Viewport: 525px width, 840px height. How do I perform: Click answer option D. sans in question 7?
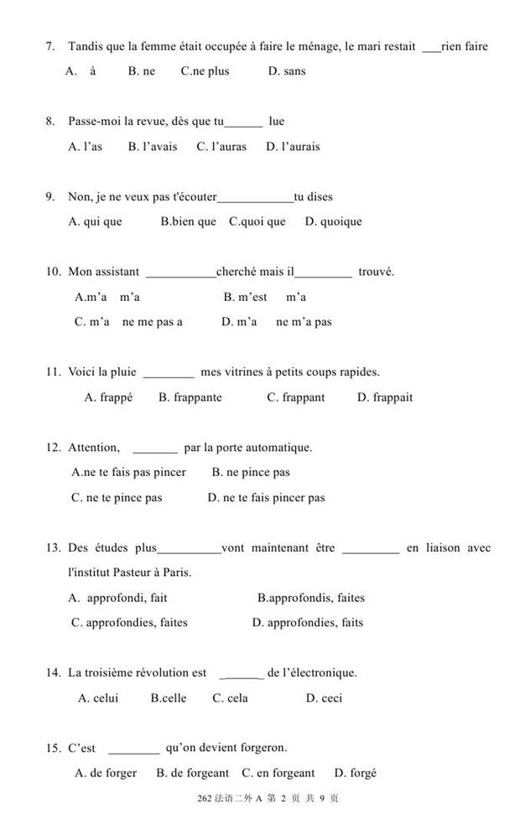click(287, 71)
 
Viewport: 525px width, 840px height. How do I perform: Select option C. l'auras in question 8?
click(221, 147)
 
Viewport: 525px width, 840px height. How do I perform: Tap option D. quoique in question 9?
click(334, 222)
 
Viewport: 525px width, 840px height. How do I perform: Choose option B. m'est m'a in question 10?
click(264, 297)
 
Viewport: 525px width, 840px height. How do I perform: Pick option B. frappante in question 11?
click(190, 397)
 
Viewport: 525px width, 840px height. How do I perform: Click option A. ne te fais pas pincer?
click(129, 473)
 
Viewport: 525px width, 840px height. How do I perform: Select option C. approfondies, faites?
click(130, 623)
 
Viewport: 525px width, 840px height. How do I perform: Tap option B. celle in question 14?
click(169, 698)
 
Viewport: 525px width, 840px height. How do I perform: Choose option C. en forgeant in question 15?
click(278, 773)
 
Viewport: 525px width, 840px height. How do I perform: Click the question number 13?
click(53, 548)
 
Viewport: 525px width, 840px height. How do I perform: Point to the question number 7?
click(50, 47)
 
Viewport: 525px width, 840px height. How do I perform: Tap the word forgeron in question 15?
click(261, 749)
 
